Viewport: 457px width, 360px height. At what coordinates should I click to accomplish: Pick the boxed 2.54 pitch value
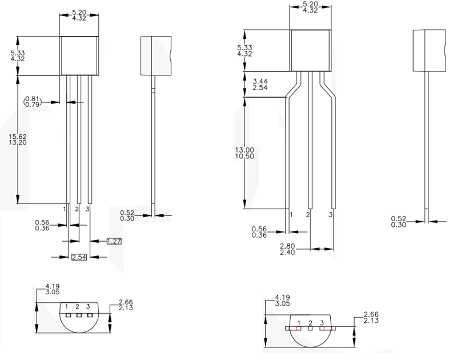point(79,257)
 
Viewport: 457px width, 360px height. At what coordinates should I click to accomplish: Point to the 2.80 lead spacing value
point(288,245)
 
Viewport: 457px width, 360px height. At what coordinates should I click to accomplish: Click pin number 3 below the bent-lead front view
point(331,214)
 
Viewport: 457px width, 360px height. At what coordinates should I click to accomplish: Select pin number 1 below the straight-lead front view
point(65,210)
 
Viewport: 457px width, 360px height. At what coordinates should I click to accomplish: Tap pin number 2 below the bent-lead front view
point(308,214)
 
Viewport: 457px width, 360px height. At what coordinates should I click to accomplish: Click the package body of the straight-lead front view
point(79,55)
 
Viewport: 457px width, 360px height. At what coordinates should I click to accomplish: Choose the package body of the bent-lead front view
point(310,50)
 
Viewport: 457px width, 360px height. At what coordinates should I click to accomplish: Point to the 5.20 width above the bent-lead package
point(310,4)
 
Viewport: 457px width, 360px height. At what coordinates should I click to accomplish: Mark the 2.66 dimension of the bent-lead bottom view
point(371,314)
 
